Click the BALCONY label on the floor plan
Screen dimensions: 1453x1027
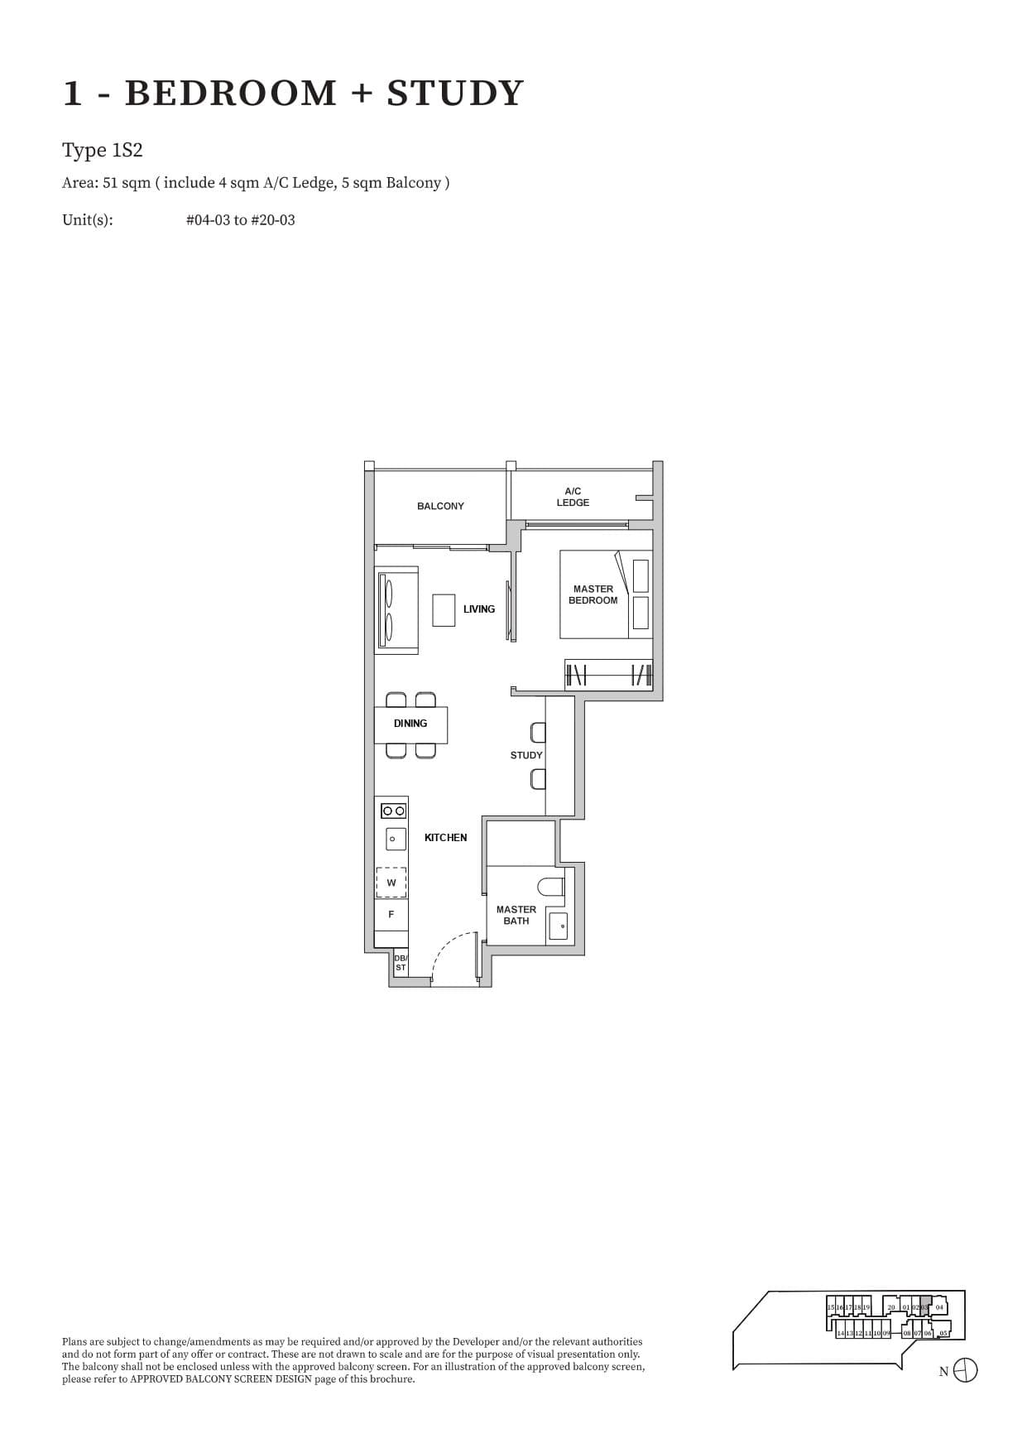[x=440, y=506]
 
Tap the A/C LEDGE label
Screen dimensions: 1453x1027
[x=573, y=497]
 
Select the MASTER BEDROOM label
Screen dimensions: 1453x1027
[x=593, y=594]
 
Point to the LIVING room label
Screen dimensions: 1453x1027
[x=479, y=609]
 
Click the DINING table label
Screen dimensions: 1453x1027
[x=410, y=724]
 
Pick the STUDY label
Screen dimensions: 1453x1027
[x=526, y=755]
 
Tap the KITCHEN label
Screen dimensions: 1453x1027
[x=445, y=838]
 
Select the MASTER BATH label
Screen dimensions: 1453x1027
[x=516, y=915]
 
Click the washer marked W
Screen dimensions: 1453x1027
[x=391, y=883]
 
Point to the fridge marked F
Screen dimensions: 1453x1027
[x=391, y=914]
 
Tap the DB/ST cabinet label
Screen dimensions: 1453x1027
[x=401, y=963]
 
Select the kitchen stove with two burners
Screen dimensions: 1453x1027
[x=393, y=811]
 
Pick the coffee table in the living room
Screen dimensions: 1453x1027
[x=444, y=610]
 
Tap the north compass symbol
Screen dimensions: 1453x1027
[x=965, y=1371]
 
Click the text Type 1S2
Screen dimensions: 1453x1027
[x=103, y=151]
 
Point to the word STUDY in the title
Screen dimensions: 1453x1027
[x=455, y=93]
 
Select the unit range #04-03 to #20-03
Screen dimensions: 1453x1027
[x=240, y=220]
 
